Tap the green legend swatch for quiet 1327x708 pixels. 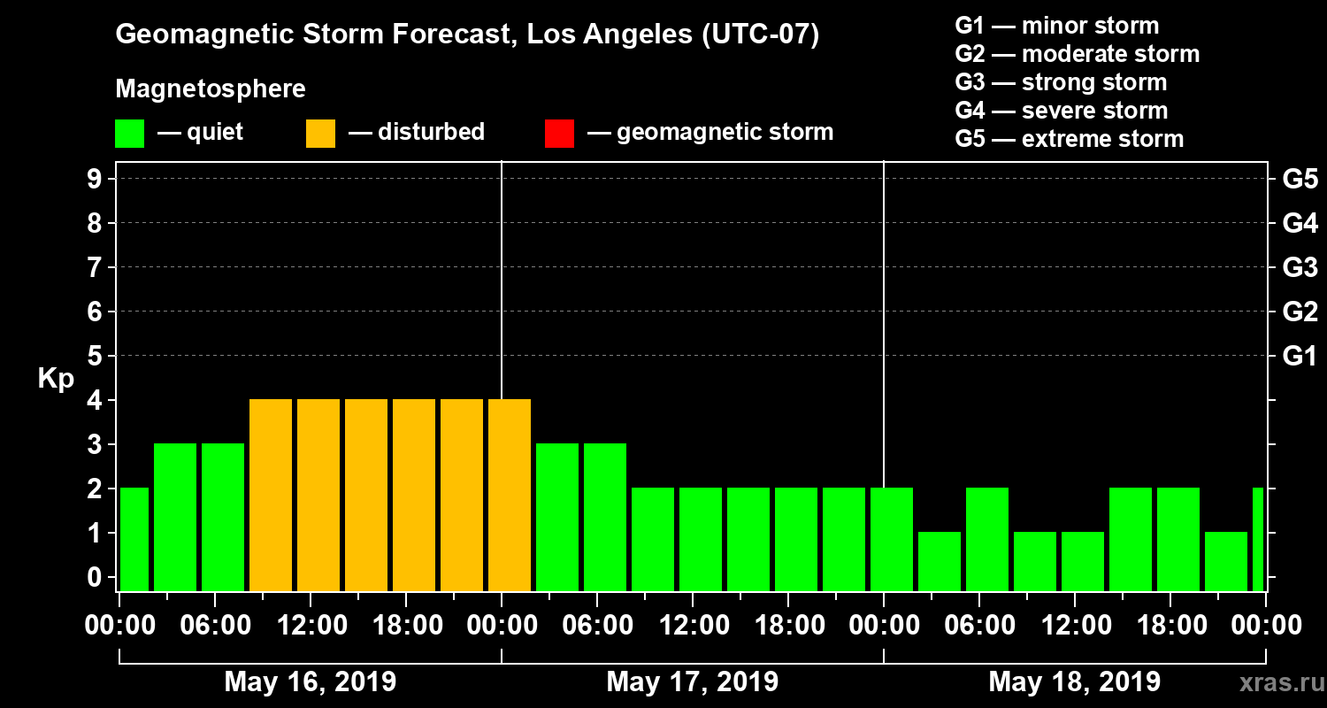(x=129, y=133)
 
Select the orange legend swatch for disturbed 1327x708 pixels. (x=320, y=133)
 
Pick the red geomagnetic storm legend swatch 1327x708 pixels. (x=559, y=133)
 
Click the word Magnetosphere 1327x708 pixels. (x=211, y=89)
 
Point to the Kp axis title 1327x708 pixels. (x=56, y=379)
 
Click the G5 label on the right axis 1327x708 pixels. (x=1300, y=179)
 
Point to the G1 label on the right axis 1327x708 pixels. (x=1300, y=356)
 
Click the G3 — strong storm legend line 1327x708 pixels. (x=1061, y=82)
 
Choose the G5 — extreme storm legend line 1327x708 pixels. (x=1069, y=139)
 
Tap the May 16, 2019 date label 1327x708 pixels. (x=311, y=681)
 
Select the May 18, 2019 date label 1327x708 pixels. (x=1074, y=681)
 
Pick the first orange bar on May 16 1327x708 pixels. (x=271, y=495)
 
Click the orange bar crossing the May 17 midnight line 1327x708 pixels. (x=510, y=495)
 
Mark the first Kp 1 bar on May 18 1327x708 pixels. (x=940, y=561)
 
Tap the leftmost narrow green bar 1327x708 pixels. (x=134, y=539)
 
